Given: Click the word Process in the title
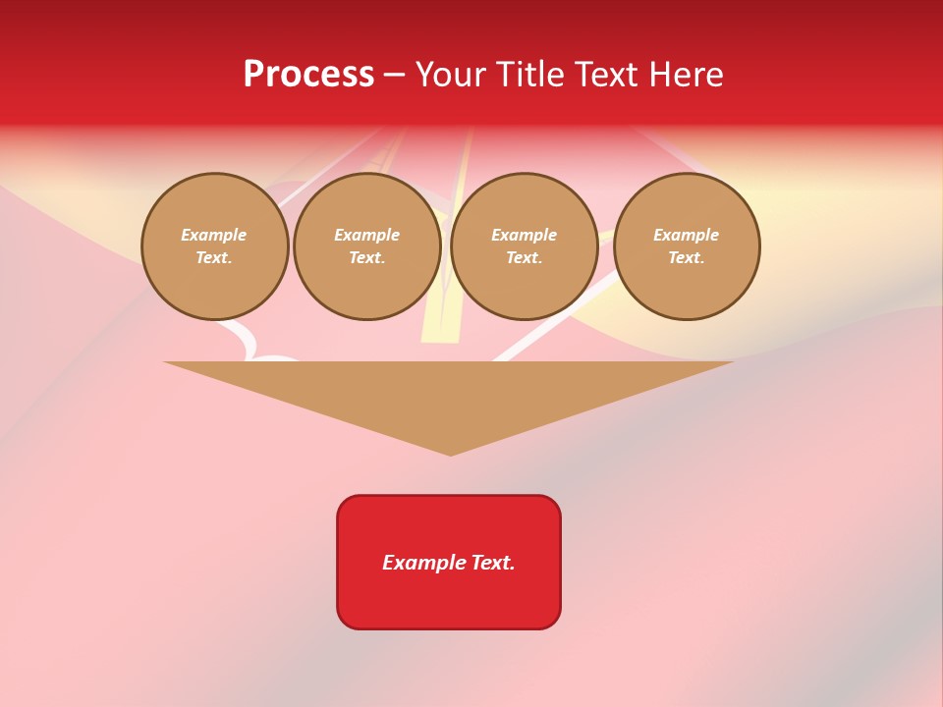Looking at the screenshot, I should (x=308, y=75).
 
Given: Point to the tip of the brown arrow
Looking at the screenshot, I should (x=451, y=454).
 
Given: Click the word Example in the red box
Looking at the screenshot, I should (x=424, y=563).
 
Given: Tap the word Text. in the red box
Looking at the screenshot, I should (x=493, y=563).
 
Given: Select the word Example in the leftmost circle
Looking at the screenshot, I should (x=214, y=235).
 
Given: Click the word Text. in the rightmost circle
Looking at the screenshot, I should (x=687, y=257).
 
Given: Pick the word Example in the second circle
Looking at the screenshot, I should (x=367, y=235).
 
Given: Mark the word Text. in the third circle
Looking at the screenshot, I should (x=525, y=257).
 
